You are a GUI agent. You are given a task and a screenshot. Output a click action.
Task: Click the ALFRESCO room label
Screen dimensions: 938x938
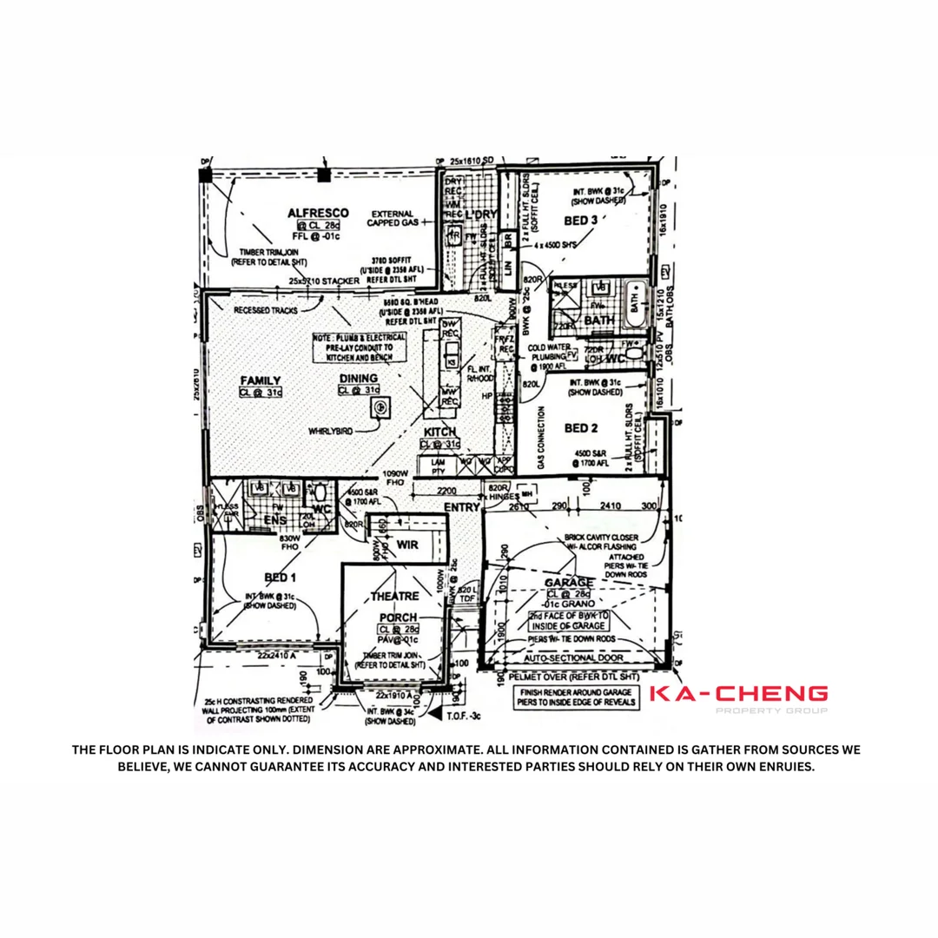pos(318,213)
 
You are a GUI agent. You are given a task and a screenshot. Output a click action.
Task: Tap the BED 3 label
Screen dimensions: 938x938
pos(581,221)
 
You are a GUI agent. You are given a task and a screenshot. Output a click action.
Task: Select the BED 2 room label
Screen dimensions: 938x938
pos(581,427)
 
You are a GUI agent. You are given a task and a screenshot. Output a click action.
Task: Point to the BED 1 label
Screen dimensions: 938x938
pos(280,578)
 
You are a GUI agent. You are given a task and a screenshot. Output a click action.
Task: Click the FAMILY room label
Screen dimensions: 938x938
pos(260,380)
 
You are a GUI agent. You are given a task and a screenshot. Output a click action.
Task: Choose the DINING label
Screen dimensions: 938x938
pos(359,379)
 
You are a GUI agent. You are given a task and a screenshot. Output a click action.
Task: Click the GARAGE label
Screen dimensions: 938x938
pos(569,582)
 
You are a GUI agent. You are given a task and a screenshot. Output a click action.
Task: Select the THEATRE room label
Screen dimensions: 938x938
pos(395,597)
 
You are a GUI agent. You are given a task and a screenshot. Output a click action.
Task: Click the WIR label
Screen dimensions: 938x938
pos(407,545)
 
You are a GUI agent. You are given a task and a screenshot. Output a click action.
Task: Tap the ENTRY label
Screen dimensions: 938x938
pos(462,507)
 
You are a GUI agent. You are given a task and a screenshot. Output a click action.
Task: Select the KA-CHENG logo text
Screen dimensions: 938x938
pos(738,694)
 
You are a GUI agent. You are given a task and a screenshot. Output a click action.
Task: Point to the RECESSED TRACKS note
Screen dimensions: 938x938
pos(265,309)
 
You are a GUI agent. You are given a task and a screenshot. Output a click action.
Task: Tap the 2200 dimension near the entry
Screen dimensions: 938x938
pos(446,491)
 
